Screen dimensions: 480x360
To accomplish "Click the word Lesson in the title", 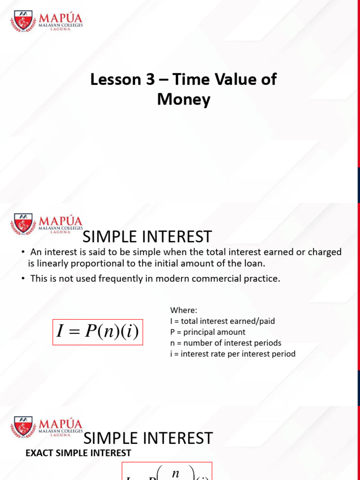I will coord(112,80).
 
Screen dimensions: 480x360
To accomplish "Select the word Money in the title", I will coord(184,100).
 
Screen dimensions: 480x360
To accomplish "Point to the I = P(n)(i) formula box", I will coord(97,332).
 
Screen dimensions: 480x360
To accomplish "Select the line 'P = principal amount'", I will coord(208,332).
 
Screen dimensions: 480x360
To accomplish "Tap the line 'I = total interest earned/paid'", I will coord(222,321).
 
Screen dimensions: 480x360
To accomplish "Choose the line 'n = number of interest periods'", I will coord(225,343).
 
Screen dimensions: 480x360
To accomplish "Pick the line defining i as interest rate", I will coord(232,354).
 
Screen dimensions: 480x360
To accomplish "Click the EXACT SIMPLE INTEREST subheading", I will coord(78,453).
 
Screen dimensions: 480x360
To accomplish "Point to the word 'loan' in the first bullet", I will coord(253,263).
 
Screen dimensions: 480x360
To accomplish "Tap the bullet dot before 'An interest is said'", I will coord(23,252).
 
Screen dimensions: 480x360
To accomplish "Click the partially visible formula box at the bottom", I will coord(167,471).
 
